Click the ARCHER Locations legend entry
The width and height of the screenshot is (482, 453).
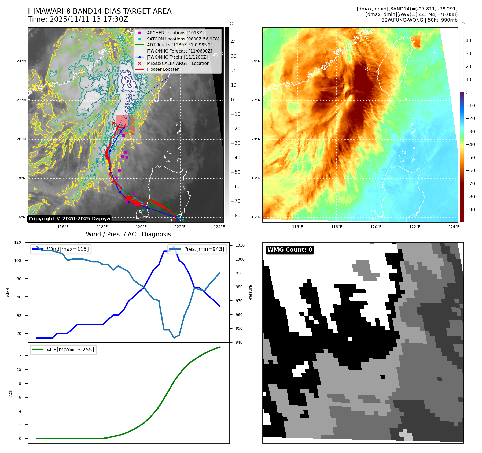175,33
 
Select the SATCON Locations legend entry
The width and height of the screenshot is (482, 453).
183,39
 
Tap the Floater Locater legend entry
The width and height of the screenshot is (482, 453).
163,69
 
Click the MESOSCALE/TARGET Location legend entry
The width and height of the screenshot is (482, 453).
178,63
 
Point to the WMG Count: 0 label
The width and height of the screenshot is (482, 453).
290,250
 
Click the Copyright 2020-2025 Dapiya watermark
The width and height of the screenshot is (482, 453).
69,219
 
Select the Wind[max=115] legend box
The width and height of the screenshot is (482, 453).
61,249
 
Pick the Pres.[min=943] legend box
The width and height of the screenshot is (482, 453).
197,249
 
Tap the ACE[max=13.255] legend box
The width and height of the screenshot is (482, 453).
64,350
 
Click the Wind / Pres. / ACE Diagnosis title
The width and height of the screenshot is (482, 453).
128,234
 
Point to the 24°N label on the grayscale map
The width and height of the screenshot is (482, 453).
21,61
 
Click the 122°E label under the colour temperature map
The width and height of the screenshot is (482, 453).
415,227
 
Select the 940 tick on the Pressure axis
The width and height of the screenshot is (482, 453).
239,342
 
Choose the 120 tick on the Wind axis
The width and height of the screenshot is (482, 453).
18,242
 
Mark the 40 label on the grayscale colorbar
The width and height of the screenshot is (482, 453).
234,42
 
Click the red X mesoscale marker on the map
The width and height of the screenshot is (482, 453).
113,123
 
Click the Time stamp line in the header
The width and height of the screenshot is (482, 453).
78,19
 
